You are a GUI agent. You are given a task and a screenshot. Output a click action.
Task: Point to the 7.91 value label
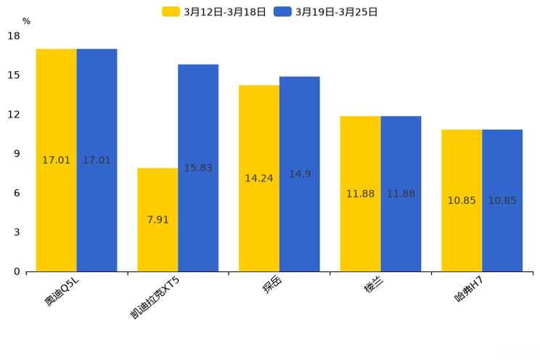157,220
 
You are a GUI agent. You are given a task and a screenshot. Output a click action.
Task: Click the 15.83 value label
198,168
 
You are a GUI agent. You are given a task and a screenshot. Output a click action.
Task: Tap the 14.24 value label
259,179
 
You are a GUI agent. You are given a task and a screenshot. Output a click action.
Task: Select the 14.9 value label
300,174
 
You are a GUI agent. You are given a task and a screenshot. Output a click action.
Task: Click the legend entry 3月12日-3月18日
214,12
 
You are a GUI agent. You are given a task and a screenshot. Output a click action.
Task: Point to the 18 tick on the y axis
14,36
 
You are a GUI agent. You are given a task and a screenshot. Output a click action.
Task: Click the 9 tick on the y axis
17,154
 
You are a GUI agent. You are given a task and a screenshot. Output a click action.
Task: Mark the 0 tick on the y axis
17,271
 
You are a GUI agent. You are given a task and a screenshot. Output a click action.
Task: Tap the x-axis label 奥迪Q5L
62,291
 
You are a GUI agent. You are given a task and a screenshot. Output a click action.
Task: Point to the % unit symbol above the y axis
26,21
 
